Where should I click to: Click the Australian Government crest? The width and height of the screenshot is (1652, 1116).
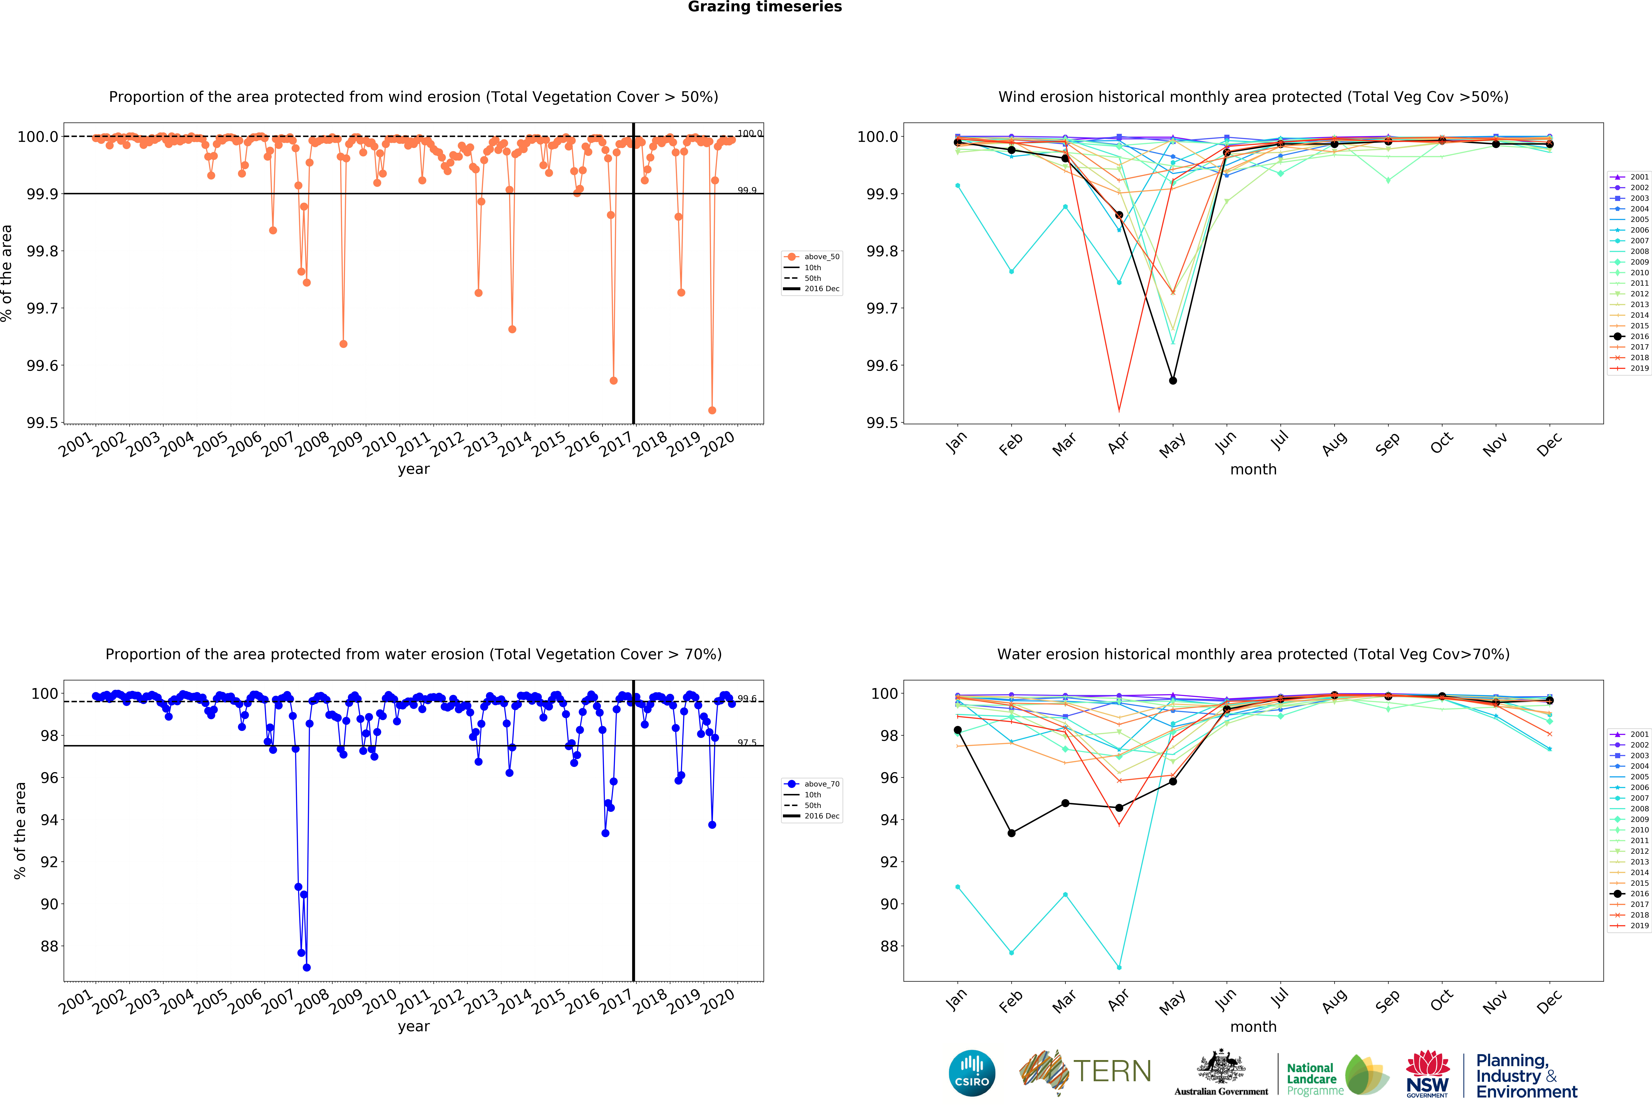tap(1221, 1066)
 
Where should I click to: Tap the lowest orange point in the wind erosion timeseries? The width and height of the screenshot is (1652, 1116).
tap(712, 410)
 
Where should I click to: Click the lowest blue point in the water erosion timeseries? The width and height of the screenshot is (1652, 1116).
tap(306, 967)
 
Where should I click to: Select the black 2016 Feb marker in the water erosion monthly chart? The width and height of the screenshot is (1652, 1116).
tap(1012, 833)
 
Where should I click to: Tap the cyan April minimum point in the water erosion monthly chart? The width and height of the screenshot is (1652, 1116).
tap(1119, 967)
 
